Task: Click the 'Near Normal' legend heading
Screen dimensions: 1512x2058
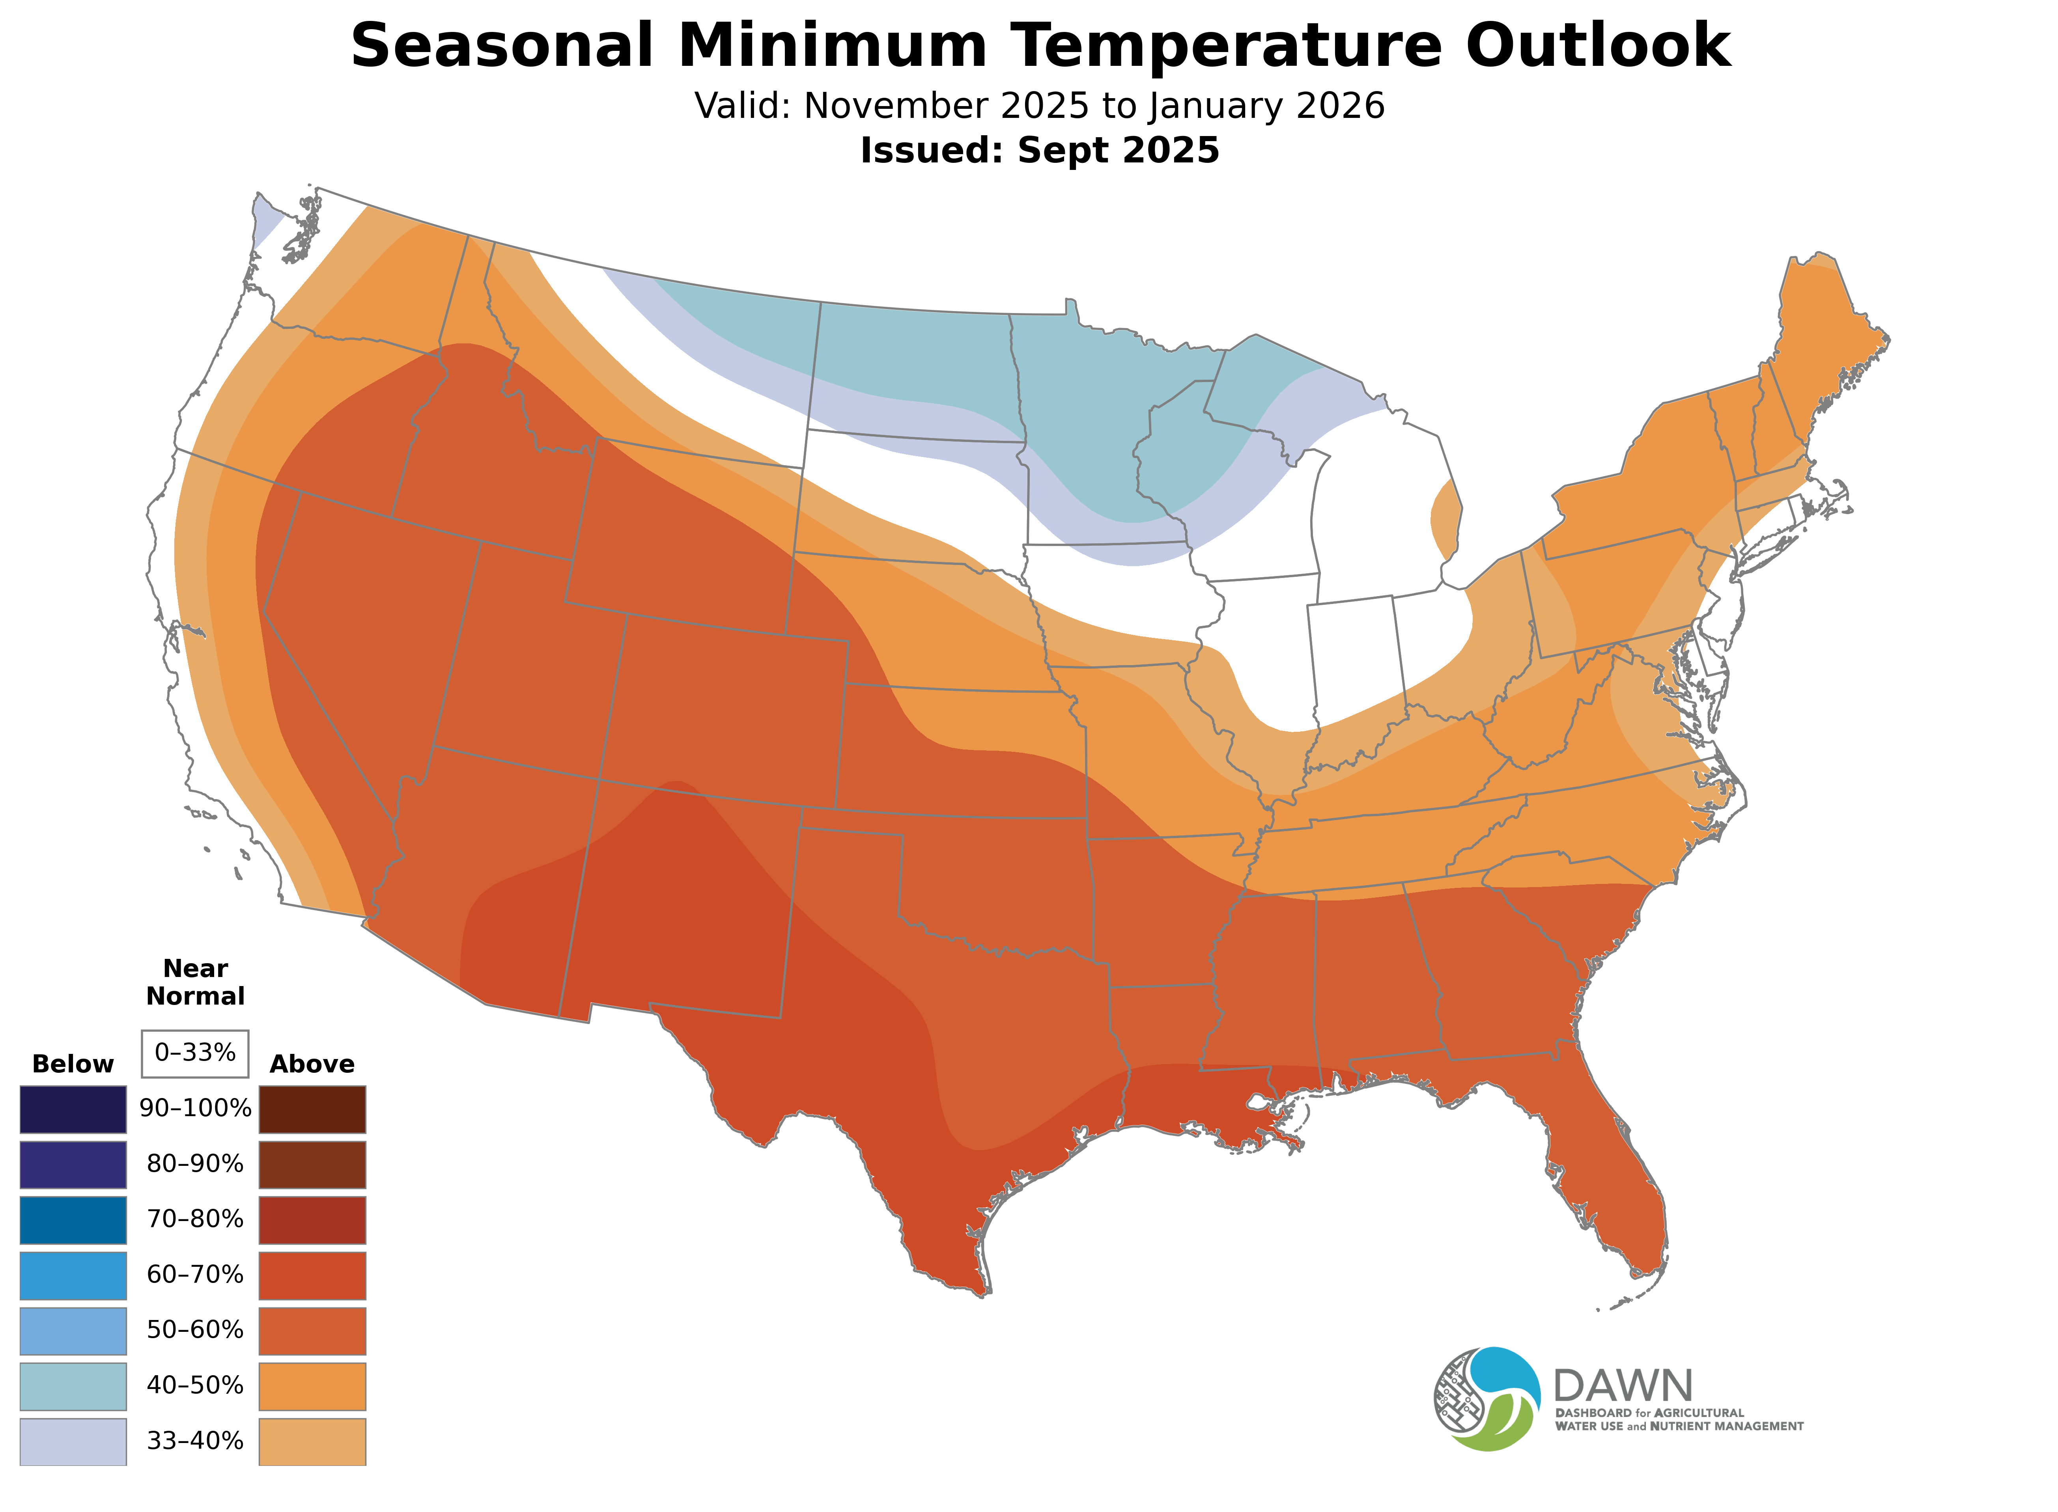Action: (195, 982)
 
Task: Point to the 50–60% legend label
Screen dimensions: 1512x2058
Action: (195, 1330)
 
